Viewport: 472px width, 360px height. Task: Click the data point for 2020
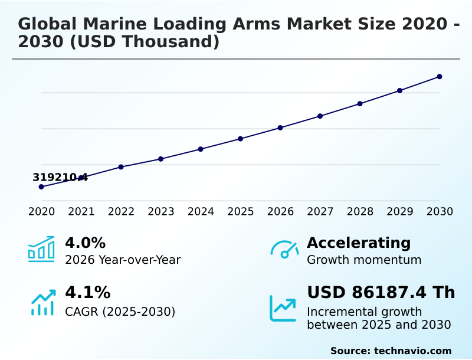pyautogui.click(x=41, y=186)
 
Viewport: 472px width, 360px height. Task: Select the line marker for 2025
pyautogui.click(x=240, y=139)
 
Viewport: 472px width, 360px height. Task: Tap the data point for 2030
pyautogui.click(x=440, y=77)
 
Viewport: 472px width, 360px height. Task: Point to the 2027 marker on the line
pyautogui.click(x=320, y=116)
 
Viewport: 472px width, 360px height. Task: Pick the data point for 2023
pyautogui.click(x=160, y=159)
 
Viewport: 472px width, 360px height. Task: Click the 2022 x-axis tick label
pyautogui.click(x=121, y=212)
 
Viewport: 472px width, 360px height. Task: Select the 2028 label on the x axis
pyautogui.click(x=360, y=212)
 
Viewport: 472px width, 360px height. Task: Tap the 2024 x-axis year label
pyautogui.click(x=201, y=212)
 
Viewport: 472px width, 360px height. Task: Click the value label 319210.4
pyautogui.click(x=60, y=177)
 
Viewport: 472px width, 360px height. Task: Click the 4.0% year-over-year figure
pyautogui.click(x=85, y=243)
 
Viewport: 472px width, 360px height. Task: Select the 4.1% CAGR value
pyautogui.click(x=87, y=292)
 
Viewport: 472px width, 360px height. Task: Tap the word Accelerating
pyautogui.click(x=358, y=243)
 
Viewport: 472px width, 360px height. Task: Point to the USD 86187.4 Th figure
pyautogui.click(x=381, y=292)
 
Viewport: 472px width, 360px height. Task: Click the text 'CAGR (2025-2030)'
pyautogui.click(x=120, y=312)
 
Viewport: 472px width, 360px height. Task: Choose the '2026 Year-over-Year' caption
pyautogui.click(x=123, y=260)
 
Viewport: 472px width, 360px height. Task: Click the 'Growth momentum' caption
pyautogui.click(x=364, y=260)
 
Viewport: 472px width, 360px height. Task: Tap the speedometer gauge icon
pyautogui.click(x=284, y=250)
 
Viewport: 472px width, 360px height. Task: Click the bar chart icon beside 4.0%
pyautogui.click(x=41, y=249)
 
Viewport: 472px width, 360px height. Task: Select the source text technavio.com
pyautogui.click(x=412, y=351)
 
